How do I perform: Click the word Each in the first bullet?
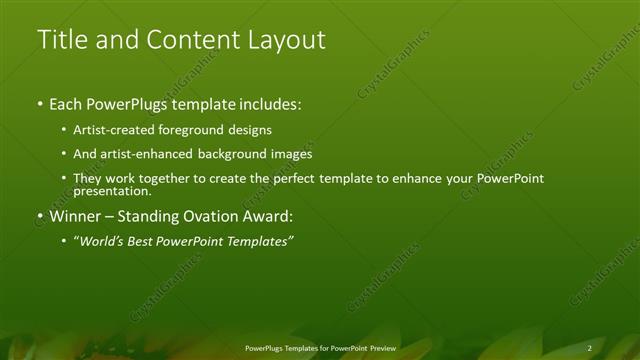tap(65, 104)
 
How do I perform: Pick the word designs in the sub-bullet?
tap(253, 130)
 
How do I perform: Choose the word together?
tap(165, 179)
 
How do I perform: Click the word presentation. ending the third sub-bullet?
tap(112, 191)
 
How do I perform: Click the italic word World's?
tap(101, 241)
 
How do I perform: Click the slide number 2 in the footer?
tap(590, 347)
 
